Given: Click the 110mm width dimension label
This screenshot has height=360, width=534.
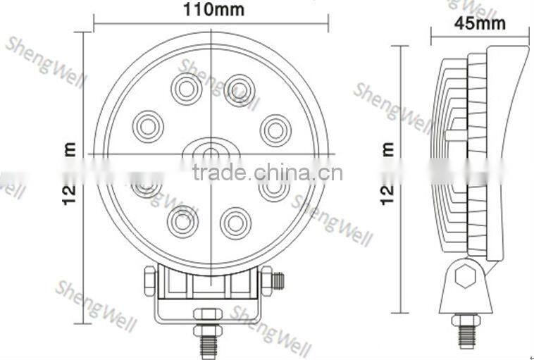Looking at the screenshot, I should click(x=213, y=10).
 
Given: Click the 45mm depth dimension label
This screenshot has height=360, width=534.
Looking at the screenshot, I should click(x=480, y=23).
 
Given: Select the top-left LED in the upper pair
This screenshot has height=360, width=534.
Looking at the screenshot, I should click(x=186, y=88).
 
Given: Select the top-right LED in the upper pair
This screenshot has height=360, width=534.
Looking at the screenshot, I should click(x=240, y=89).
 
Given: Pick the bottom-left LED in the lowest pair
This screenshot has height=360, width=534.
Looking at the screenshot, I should click(x=182, y=221).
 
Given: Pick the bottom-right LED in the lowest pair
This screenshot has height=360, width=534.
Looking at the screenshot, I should click(x=235, y=223).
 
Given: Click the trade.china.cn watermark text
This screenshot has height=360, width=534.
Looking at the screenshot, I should click(x=267, y=172).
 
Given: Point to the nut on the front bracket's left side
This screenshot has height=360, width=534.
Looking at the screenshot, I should click(x=149, y=282).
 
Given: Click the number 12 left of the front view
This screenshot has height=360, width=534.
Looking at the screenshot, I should click(x=69, y=194).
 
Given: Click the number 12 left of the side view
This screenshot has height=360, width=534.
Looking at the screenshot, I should click(x=387, y=194).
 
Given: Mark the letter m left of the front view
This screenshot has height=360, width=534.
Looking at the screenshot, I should click(x=69, y=149).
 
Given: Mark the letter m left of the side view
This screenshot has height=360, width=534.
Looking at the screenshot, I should click(x=387, y=149).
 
